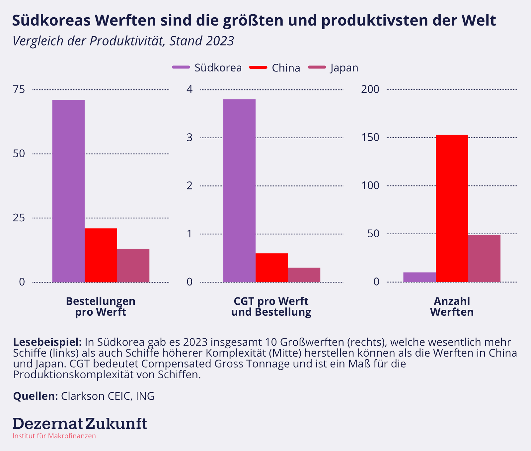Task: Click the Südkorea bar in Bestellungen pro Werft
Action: click(x=68, y=191)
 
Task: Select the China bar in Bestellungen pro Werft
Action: click(x=101, y=255)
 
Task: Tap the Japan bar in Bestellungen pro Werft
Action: click(x=133, y=266)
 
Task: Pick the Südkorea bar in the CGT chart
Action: click(x=239, y=191)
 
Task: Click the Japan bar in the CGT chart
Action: click(x=304, y=275)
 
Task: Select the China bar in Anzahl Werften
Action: click(x=452, y=208)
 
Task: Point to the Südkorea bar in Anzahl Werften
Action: click(x=419, y=277)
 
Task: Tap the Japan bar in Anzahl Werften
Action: click(x=484, y=259)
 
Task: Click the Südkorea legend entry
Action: click(x=218, y=68)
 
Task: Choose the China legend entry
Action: click(x=285, y=68)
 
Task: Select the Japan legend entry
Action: click(x=344, y=68)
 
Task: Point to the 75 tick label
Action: click(x=19, y=89)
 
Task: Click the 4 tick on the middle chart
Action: click(x=190, y=89)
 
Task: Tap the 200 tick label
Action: click(x=370, y=89)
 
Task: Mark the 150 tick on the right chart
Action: click(x=370, y=138)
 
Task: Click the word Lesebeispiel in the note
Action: click(x=47, y=342)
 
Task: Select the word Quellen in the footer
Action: click(x=36, y=396)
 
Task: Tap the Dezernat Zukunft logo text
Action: click(x=80, y=424)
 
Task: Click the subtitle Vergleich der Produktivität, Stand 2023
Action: click(x=123, y=41)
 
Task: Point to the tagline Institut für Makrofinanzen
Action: click(x=54, y=436)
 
